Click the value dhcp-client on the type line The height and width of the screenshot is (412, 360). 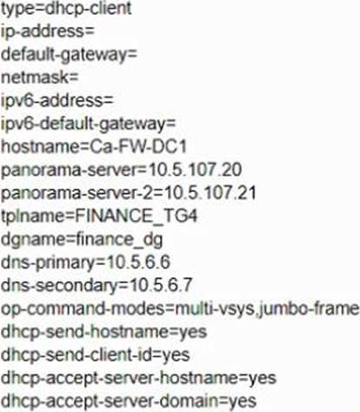[x=89, y=9]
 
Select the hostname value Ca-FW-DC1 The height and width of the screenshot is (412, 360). [x=138, y=147]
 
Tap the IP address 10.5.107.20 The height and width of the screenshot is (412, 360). [x=195, y=170]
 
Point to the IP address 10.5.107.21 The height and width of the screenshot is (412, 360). [x=210, y=193]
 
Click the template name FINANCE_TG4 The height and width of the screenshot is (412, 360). [x=137, y=216]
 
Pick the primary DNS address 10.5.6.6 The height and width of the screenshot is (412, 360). [x=138, y=262]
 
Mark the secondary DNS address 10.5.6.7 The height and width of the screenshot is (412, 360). [x=161, y=286]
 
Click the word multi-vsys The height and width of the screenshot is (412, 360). [x=215, y=309]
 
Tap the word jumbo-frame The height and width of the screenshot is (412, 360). [x=308, y=309]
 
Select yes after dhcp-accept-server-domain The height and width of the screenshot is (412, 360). [x=243, y=402]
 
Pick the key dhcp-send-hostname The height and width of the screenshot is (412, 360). [x=84, y=333]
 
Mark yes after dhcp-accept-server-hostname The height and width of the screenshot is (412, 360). [x=263, y=379]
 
